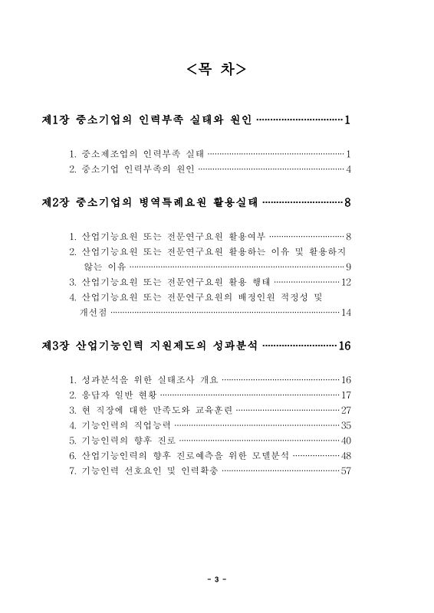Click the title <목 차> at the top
pyautogui.click(x=216, y=70)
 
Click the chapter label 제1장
pyautogui.click(x=55, y=120)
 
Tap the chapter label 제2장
pyautogui.click(x=55, y=203)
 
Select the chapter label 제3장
pyautogui.click(x=55, y=346)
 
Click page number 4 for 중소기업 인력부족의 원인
pyautogui.click(x=348, y=169)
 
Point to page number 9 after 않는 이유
pyautogui.click(x=348, y=267)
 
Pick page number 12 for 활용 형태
pyautogui.click(x=346, y=282)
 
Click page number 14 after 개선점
pyautogui.click(x=346, y=312)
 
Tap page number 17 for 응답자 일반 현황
pyautogui.click(x=346, y=395)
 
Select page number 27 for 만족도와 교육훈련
pyautogui.click(x=346, y=410)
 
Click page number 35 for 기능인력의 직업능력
pyautogui.click(x=346, y=425)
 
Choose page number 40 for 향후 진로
pyautogui.click(x=346, y=440)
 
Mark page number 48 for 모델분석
pyautogui.click(x=346, y=455)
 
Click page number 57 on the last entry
pyautogui.click(x=346, y=470)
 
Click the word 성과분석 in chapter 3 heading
pyautogui.click(x=231, y=346)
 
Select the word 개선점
pyautogui.click(x=94, y=312)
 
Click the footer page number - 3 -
pyautogui.click(x=217, y=579)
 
